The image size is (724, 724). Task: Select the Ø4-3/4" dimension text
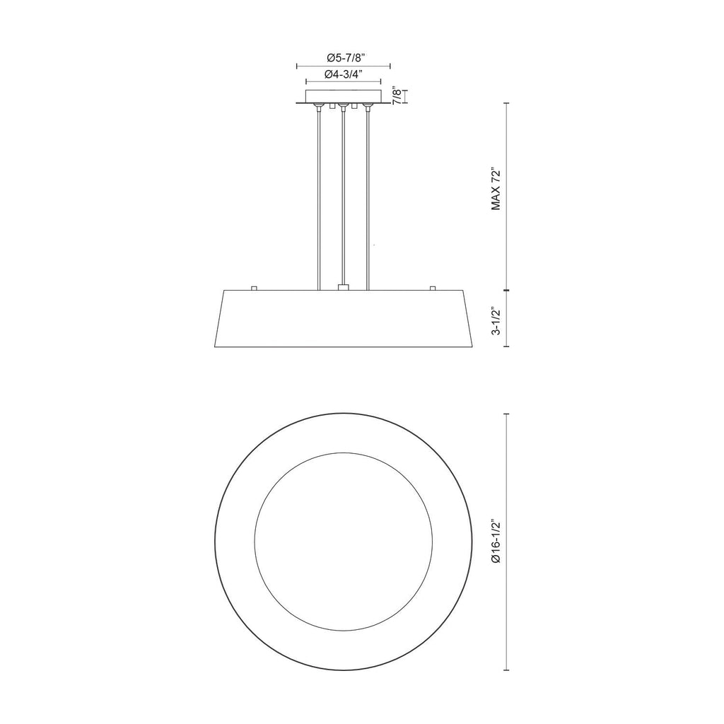click(x=344, y=74)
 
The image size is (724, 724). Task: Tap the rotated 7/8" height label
click(x=397, y=96)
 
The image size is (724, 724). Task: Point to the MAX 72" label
click(x=496, y=190)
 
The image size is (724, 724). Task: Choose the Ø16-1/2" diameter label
click(x=496, y=542)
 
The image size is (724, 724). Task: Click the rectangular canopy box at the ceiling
click(x=344, y=96)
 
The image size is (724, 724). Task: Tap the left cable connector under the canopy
click(x=319, y=107)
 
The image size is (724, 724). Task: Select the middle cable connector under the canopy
click(x=343, y=107)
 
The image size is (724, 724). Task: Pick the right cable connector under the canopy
click(x=368, y=107)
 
